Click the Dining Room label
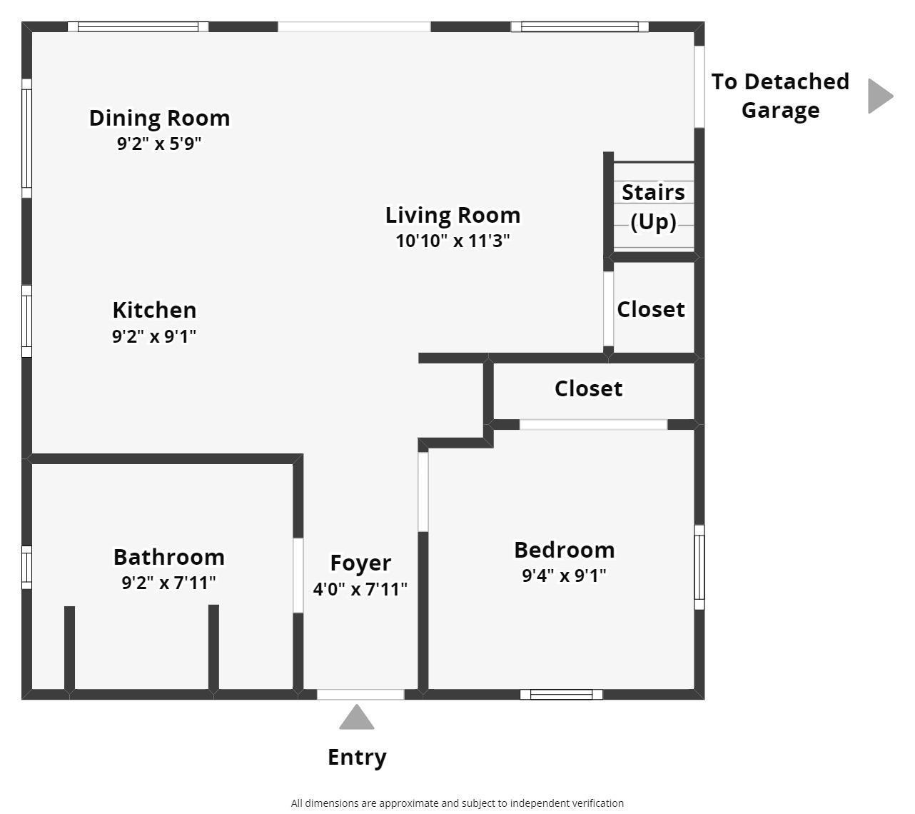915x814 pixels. click(x=159, y=118)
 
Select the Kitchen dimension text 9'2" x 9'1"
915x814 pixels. click(x=154, y=336)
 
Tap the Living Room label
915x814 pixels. click(x=453, y=215)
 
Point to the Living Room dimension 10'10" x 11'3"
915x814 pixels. click(x=453, y=241)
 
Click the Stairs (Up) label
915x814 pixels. click(x=653, y=206)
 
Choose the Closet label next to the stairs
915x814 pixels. click(x=650, y=309)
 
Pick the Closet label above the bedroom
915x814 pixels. click(x=588, y=388)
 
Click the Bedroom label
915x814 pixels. click(x=564, y=550)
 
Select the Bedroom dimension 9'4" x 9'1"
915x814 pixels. click(x=564, y=576)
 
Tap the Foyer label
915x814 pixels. click(x=360, y=563)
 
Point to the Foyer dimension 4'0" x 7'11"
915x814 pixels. click(x=360, y=589)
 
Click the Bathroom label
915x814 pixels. click(x=168, y=557)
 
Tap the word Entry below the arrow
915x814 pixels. click(x=357, y=757)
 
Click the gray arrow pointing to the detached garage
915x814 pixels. click(x=879, y=96)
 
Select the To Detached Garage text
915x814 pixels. click(x=780, y=96)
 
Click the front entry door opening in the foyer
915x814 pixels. click(x=360, y=695)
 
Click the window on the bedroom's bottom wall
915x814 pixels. click(x=561, y=695)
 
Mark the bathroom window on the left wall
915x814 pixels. click(x=26, y=568)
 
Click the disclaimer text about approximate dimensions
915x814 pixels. click(x=457, y=803)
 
